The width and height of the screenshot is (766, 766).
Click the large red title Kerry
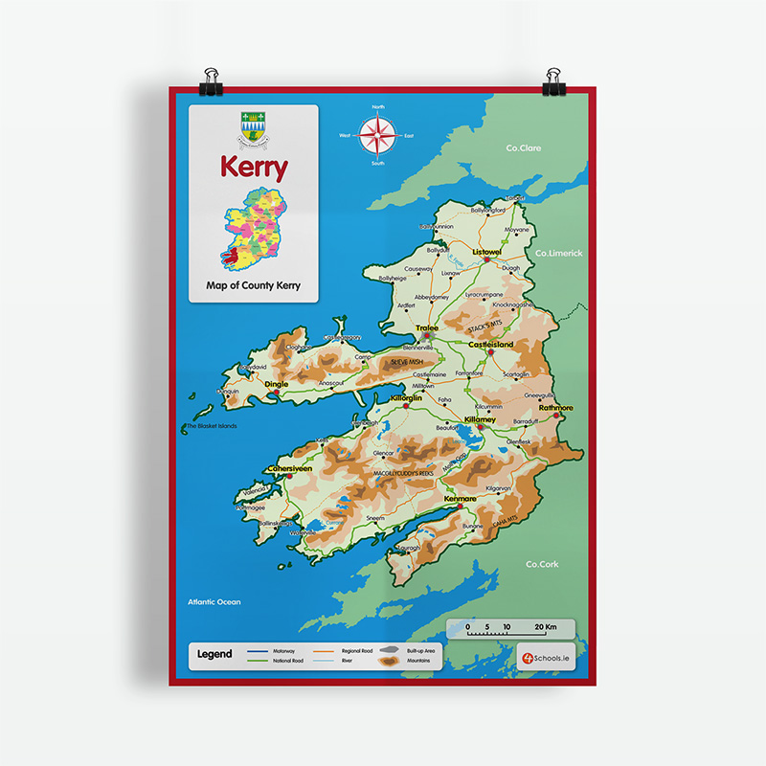point(254,168)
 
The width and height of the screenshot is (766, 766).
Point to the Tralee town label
point(427,327)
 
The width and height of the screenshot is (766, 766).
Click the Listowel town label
point(487,251)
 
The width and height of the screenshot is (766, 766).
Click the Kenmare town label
point(460,499)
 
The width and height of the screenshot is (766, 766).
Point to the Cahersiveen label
point(290,468)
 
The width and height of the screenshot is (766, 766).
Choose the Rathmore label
point(555,407)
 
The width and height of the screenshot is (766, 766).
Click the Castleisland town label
point(490,344)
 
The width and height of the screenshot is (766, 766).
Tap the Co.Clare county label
point(524,148)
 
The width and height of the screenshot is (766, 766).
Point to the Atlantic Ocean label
point(214,602)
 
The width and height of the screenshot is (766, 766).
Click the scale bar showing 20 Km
point(509,628)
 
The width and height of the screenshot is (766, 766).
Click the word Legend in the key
point(214,655)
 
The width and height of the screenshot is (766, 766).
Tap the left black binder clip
point(210,81)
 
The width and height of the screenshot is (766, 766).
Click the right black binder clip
point(553,81)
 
